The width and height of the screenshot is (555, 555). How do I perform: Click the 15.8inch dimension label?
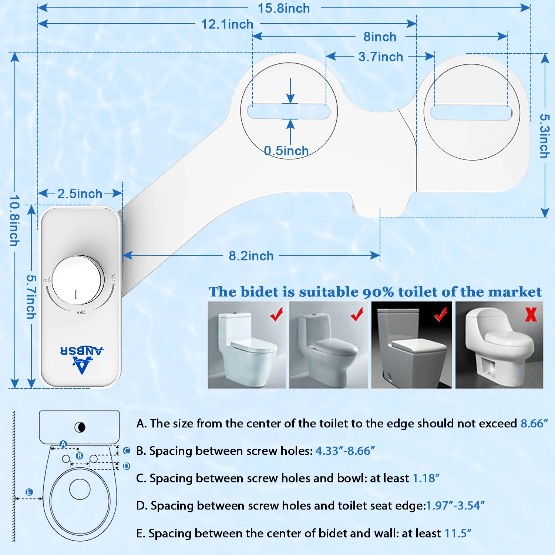click(284, 9)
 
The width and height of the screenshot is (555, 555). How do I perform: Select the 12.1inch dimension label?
click(227, 24)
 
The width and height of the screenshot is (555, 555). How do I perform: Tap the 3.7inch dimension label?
click(380, 57)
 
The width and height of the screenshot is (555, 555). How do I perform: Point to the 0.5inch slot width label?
click(286, 151)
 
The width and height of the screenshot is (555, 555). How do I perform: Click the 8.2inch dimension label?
click(251, 256)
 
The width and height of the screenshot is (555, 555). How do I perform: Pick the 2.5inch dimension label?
click(80, 194)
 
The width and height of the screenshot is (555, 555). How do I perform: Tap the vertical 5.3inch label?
click(544, 136)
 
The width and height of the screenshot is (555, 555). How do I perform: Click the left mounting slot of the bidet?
click(289, 111)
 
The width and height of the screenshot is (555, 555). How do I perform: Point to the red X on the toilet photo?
click(531, 314)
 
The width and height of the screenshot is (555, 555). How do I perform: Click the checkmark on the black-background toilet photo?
click(440, 315)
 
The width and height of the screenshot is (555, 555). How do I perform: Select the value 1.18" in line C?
click(426, 478)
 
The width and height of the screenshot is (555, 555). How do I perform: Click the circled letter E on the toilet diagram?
click(29, 492)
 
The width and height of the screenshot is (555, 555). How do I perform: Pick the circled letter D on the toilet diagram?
click(127, 466)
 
